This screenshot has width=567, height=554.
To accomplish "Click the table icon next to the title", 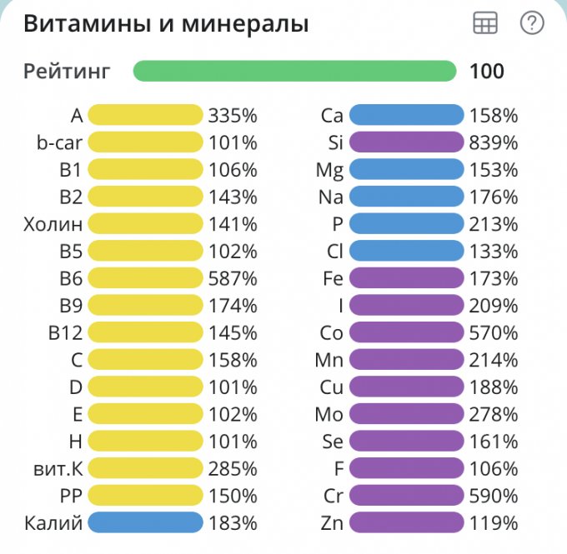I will pos(485,24).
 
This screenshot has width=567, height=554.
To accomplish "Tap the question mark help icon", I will pos(531,23).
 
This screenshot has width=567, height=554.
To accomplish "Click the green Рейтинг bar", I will pos(294,71).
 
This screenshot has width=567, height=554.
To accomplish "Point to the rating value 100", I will pos(487,71).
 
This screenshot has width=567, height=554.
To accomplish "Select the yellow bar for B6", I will pos(145,278).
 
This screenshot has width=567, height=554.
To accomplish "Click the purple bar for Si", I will pos(406,142).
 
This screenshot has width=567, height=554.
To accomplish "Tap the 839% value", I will pos(494,142).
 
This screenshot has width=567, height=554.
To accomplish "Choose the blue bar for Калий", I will pos(145,523).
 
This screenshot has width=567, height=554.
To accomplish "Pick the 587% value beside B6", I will pos(233,278).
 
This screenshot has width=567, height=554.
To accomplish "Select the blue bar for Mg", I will pos(406,170).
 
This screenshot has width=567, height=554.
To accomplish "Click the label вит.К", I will pos(54,469).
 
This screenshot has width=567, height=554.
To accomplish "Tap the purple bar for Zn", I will pos(406,523).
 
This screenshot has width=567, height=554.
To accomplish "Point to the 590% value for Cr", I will pos(494,497).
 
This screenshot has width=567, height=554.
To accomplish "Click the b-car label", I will pos(60,142).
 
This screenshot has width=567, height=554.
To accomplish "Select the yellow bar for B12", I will pos(145,333).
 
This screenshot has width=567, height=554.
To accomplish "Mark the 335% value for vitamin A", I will pos(233,115).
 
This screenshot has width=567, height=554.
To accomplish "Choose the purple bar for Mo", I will pos(406,415).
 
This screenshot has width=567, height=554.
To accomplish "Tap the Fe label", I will pos(333,278).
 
